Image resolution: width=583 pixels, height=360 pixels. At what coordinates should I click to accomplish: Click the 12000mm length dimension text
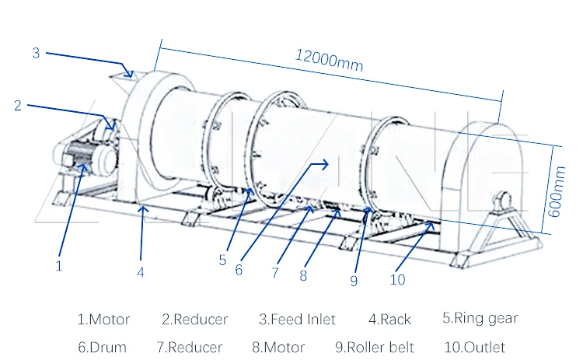pyautogui.click(x=329, y=59)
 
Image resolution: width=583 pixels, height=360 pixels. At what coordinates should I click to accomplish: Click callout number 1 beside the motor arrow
pyautogui.click(x=58, y=265)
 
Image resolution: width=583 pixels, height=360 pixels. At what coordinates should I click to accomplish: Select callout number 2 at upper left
pyautogui.click(x=18, y=106)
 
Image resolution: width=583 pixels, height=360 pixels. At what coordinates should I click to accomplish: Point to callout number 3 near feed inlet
pyautogui.click(x=36, y=53)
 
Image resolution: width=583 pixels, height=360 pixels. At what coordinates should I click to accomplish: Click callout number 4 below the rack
pyautogui.click(x=141, y=273)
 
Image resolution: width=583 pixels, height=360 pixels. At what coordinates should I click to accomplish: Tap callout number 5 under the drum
pyautogui.click(x=222, y=260)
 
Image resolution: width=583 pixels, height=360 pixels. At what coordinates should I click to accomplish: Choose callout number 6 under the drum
pyautogui.click(x=239, y=271)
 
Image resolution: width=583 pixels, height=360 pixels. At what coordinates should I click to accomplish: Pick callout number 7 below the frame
pyautogui.click(x=274, y=273)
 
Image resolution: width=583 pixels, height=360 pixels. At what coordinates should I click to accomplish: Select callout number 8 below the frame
pyautogui.click(x=303, y=274)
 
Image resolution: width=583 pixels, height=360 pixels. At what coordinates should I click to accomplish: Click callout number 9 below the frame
pyautogui.click(x=354, y=281)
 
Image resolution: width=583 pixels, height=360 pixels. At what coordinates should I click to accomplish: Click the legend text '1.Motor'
pyautogui.click(x=103, y=319)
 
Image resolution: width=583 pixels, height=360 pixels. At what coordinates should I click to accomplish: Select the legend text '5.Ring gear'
pyautogui.click(x=480, y=317)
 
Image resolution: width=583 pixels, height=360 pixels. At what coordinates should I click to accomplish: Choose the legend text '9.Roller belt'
pyautogui.click(x=375, y=347)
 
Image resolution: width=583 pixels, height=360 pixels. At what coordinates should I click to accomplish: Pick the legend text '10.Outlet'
pyautogui.click(x=474, y=347)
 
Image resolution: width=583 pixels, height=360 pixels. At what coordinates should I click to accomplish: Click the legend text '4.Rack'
pyautogui.click(x=389, y=319)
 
